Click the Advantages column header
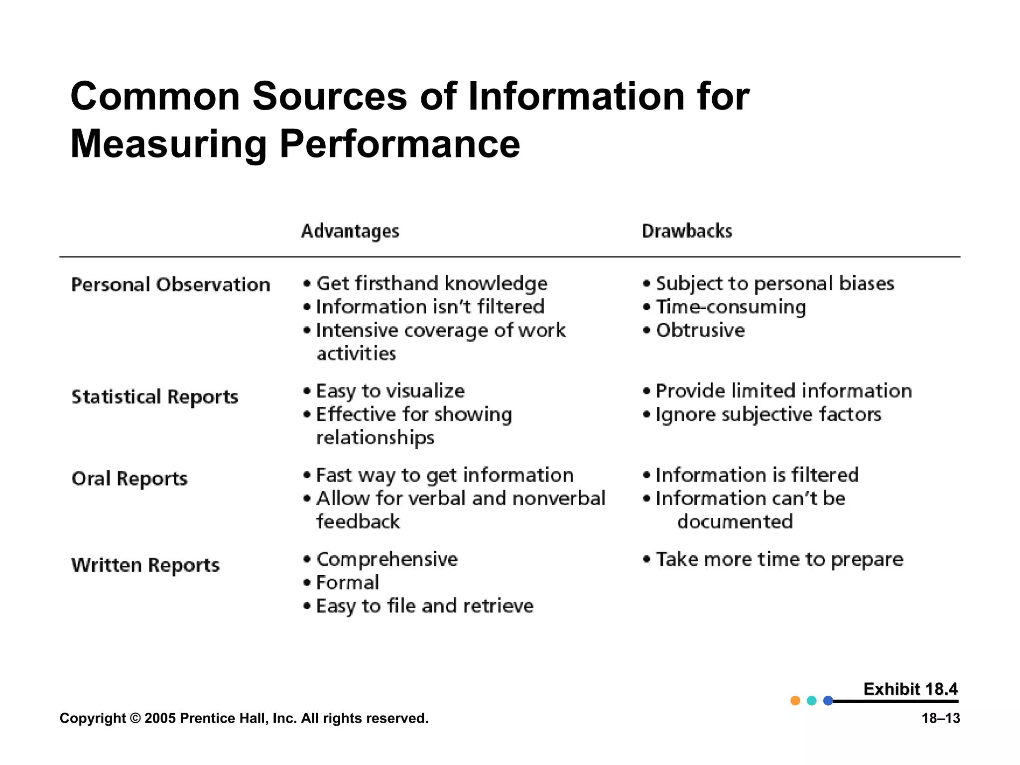pyautogui.click(x=350, y=231)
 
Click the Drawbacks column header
pyautogui.click(x=687, y=231)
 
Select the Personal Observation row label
pyautogui.click(x=171, y=285)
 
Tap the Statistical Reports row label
pyautogui.click(x=155, y=397)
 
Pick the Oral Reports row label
pyautogui.click(x=129, y=479)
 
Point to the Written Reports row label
pyautogui.click(x=145, y=565)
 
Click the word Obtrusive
pyautogui.click(x=700, y=330)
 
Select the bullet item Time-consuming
pyautogui.click(x=731, y=307)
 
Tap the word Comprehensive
pyautogui.click(x=387, y=559)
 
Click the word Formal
pyautogui.click(x=348, y=583)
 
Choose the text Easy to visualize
pyautogui.click(x=390, y=391)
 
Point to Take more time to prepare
pyautogui.click(x=779, y=559)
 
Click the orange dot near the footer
pyautogui.click(x=795, y=701)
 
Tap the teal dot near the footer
pyautogui.click(x=812, y=701)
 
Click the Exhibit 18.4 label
pyautogui.click(x=910, y=689)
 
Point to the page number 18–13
pyautogui.click(x=941, y=718)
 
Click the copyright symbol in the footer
pyautogui.click(x=135, y=718)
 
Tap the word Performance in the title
pyautogui.click(x=399, y=144)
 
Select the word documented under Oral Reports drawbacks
pyautogui.click(x=735, y=522)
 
